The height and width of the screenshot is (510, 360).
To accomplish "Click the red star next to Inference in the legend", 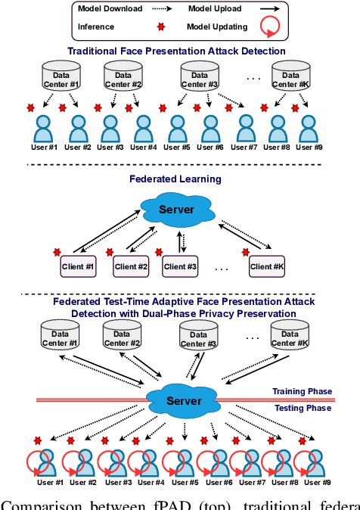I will click(x=160, y=28).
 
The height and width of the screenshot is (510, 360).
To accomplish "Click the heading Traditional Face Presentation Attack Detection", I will click(x=177, y=51).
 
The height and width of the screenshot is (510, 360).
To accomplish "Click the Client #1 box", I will click(x=79, y=266).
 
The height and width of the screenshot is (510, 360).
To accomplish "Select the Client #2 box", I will click(x=131, y=266).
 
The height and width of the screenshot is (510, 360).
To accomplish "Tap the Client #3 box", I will click(x=181, y=266).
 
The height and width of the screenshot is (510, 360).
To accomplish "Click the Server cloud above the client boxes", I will click(x=176, y=209).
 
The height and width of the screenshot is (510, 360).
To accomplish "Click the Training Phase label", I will click(x=302, y=392).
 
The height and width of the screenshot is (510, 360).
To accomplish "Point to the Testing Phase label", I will click(x=303, y=409).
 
